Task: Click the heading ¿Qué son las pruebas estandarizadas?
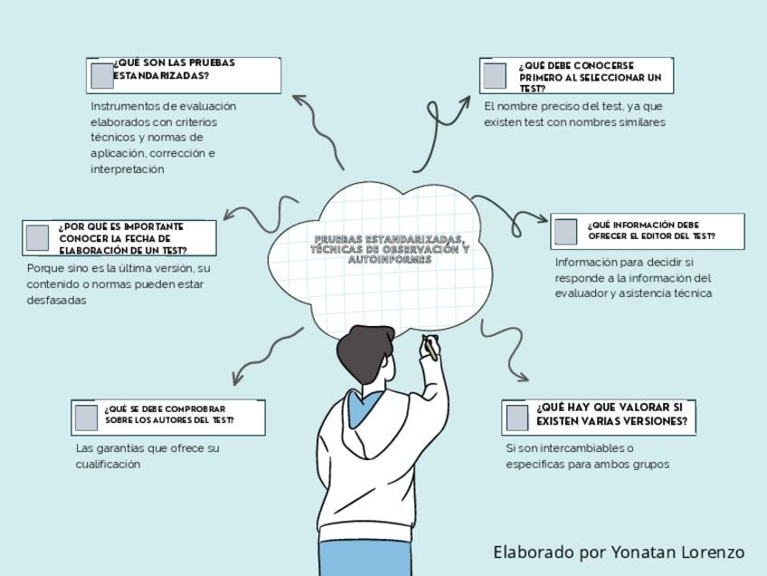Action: click(174, 70)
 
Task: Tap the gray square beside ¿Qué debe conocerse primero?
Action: click(494, 76)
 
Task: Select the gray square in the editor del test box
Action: click(565, 231)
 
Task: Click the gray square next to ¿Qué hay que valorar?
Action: click(516, 418)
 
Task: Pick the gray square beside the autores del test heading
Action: click(86, 418)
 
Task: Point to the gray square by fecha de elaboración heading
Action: click(37, 237)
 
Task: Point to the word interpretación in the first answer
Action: click(128, 169)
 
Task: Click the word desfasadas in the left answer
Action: click(56, 300)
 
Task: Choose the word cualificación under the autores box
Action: click(108, 464)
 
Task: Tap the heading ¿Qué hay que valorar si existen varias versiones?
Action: click(611, 414)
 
